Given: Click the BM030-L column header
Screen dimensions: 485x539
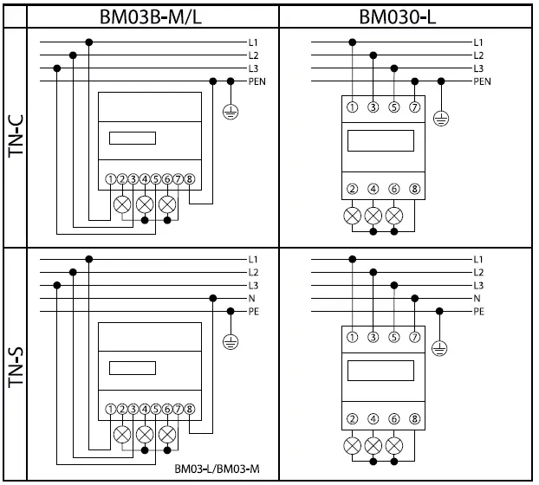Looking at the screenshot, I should point(407,16).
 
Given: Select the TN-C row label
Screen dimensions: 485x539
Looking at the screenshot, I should point(16,139).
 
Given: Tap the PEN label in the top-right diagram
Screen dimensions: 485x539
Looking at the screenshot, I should point(483,81).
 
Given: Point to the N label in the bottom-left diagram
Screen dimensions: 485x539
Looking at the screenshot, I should point(251,298).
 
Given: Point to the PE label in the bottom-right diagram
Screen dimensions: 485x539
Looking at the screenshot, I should point(479,310).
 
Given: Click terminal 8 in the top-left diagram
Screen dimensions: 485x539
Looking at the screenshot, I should point(190,179).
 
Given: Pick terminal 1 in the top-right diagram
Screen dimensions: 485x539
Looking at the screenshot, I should point(352,107).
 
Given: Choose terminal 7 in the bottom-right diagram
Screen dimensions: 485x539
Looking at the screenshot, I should point(416,336).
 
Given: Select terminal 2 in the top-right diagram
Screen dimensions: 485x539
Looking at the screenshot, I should point(352,189).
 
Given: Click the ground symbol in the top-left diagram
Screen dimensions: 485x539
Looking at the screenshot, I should point(230,111).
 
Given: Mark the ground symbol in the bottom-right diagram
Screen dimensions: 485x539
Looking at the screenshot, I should point(439,347).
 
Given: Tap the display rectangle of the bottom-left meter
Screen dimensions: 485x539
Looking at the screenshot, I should point(132,367).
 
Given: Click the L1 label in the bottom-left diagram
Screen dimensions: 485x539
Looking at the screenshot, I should point(253,259).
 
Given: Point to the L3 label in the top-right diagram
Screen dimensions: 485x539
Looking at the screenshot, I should point(479,68).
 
